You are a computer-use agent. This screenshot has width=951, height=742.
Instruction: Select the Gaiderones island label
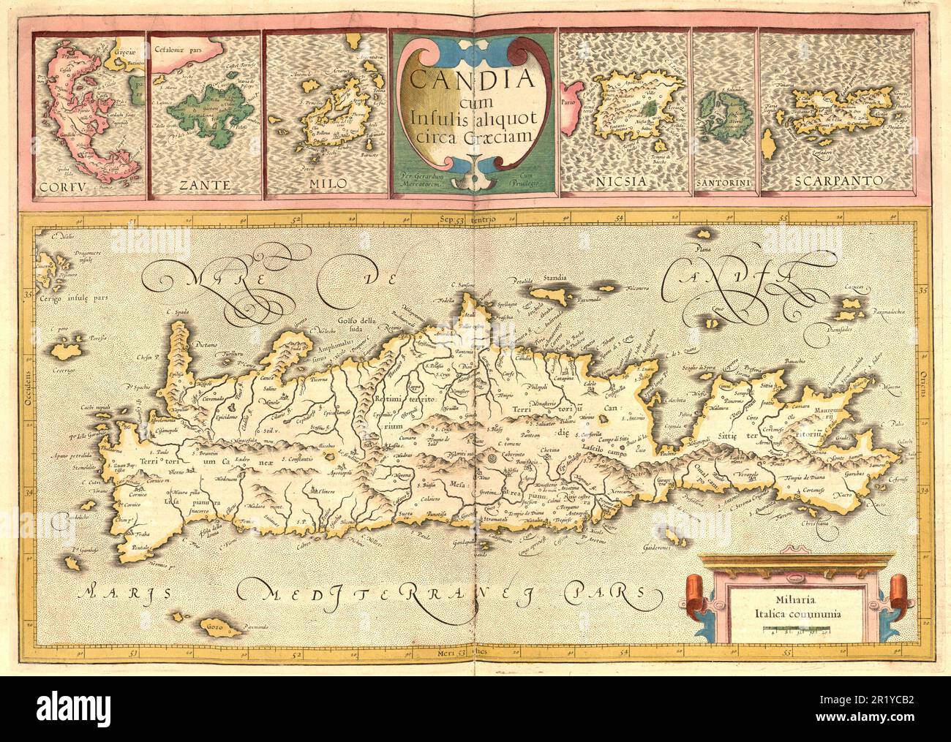coord(658,550)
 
